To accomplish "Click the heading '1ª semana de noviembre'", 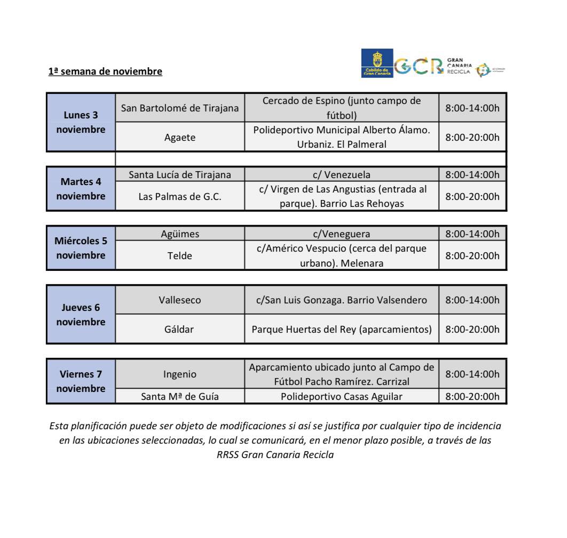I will coord(105,71).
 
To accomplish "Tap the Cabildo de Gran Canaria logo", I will coord(377,63).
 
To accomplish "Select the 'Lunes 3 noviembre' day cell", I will coord(81,122).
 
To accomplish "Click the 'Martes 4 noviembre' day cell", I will coord(81,189).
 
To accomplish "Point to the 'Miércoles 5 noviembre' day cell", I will coord(81,248).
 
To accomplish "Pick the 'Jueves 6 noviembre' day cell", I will coord(81,315).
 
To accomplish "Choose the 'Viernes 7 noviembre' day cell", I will coord(81,381).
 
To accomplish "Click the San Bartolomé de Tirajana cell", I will coord(180,108).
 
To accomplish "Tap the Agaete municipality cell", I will coord(180,138).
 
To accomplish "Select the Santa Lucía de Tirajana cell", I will coord(180,174).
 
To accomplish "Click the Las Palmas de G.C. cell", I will coord(180,196).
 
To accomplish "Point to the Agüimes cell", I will coord(180,234).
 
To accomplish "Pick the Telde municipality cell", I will coord(180,255).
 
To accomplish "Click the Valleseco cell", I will coord(180,300).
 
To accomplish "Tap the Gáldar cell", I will coord(180,329).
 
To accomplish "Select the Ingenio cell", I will coord(180,374).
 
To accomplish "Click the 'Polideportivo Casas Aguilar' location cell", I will coord(342,396).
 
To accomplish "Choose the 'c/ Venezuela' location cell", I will coord(342,174).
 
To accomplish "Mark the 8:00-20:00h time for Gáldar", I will coord(472,329).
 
